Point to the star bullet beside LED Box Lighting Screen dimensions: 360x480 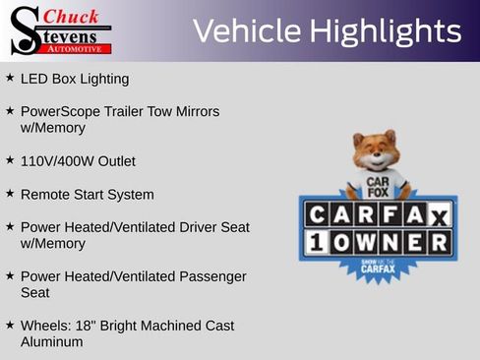point(10,78)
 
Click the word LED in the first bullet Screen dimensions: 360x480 point(34,79)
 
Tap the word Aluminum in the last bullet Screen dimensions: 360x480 point(51,342)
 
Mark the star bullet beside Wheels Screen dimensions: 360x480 point(10,325)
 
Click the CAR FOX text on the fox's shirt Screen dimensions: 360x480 point(378,187)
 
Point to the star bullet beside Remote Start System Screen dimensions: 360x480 point(10,194)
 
